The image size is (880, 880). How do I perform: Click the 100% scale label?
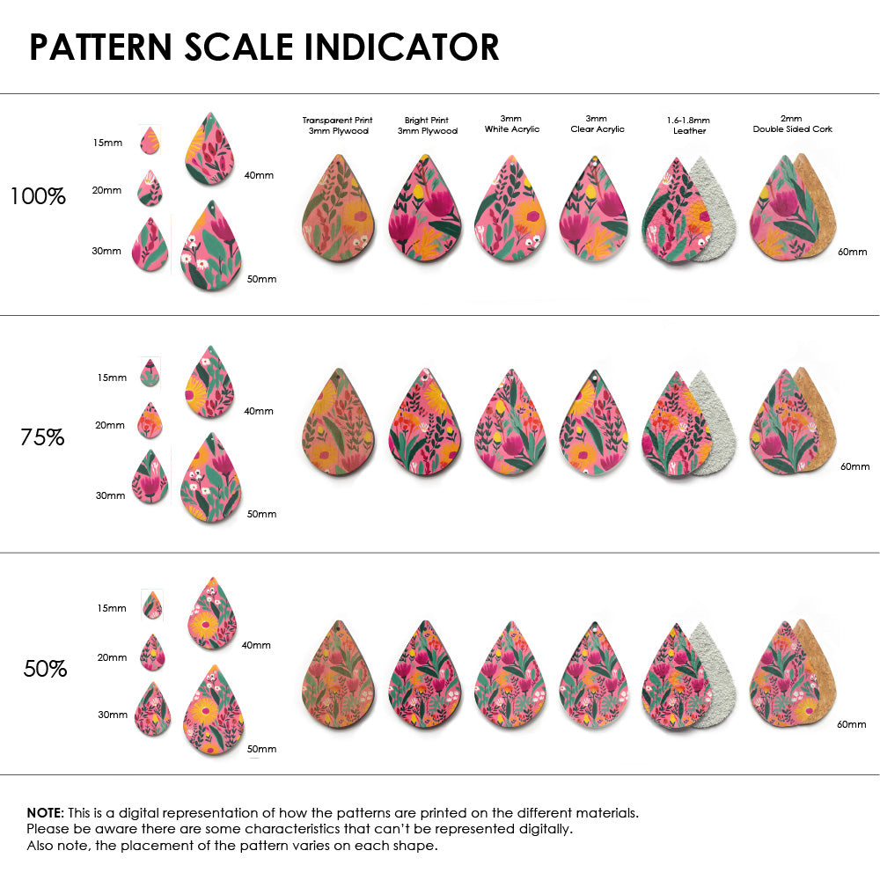point(38,196)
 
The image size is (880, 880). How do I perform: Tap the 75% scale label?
point(42,436)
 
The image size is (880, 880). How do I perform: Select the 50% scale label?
point(45,669)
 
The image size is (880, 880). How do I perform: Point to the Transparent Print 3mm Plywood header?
point(337,125)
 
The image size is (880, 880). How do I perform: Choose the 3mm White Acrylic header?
point(512,124)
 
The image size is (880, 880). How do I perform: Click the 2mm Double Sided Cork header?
point(792,124)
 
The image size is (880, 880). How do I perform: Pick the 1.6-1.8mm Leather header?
point(689,125)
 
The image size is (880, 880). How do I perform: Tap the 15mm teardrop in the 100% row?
point(150,140)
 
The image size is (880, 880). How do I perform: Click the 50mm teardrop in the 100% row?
point(211,248)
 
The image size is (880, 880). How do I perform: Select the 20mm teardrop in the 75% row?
point(150,421)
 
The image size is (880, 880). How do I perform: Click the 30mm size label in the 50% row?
point(113,715)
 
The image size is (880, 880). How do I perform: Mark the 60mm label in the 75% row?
point(854,466)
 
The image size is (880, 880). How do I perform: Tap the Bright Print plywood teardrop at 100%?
point(425,209)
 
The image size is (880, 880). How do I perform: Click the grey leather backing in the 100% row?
point(717,211)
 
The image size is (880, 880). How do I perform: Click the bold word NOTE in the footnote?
point(44,812)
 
